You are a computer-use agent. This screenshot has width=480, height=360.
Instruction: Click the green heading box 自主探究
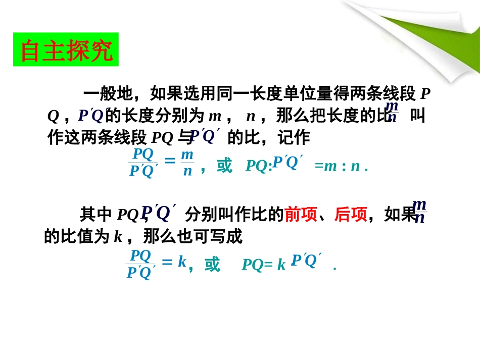coord(66,49)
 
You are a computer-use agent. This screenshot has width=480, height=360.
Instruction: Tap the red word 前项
coord(300,215)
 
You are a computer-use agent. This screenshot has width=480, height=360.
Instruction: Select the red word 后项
coord(350,215)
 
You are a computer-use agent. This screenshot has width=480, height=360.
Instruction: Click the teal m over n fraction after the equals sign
coord(187,162)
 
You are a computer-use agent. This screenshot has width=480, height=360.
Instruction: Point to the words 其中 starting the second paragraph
coord(95,215)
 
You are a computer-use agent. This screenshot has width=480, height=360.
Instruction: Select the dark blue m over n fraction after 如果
coord(419,211)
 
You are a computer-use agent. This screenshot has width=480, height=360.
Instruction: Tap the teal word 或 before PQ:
coord(224,166)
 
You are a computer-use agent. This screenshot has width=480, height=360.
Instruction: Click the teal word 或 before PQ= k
coord(212,264)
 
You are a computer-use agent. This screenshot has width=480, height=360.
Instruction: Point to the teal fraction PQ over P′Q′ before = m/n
coord(143,163)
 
